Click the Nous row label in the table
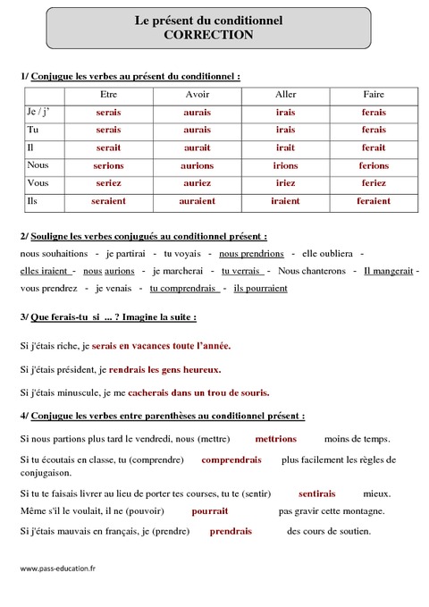point(38,165)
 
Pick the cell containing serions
point(108,165)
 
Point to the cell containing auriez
point(198,183)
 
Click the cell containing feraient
point(374,201)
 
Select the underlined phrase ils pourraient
point(260,288)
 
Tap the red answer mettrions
point(275,439)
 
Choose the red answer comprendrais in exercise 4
point(231,459)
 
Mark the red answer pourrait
point(210,511)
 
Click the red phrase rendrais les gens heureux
point(164,368)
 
